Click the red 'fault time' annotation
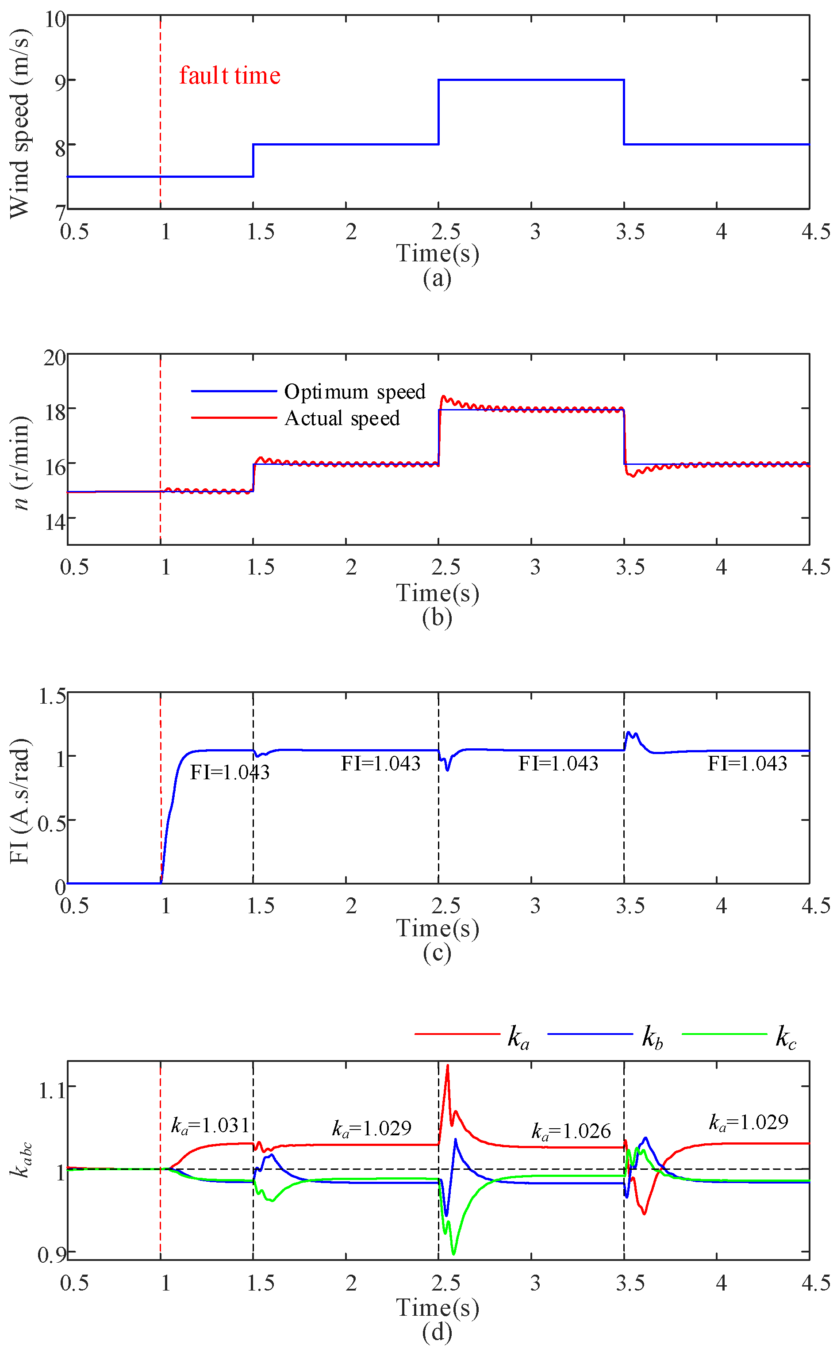point(229,75)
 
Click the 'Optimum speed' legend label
point(354,392)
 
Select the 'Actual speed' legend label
point(342,418)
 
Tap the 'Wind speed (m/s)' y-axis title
point(20,124)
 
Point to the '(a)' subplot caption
point(437,278)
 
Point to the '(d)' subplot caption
point(437,1332)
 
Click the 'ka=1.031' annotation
point(211,1125)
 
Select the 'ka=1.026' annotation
point(571,1131)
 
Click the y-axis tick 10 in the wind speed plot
point(55,19)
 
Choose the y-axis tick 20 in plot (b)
point(55,358)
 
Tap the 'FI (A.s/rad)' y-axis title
point(20,800)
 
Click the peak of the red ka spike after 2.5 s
point(447,1065)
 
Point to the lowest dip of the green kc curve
point(453,1254)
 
